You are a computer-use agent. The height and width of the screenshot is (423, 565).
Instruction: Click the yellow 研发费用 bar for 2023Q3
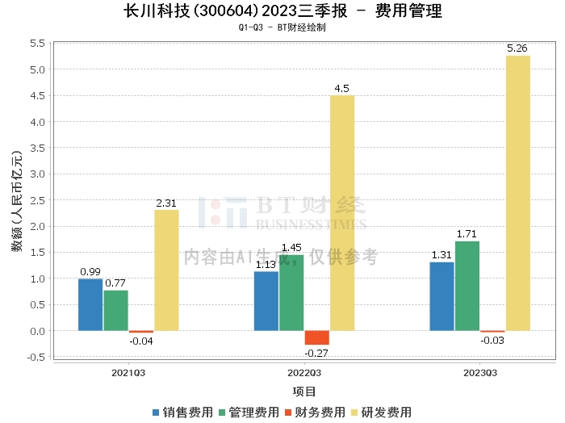517,193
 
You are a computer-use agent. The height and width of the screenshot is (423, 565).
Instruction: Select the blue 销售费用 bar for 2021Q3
90,304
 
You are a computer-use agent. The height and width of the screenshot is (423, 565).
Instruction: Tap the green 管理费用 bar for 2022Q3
291,292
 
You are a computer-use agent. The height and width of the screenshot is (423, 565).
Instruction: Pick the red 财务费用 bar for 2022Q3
316,337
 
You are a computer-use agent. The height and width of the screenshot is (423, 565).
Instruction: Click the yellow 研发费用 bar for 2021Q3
166,270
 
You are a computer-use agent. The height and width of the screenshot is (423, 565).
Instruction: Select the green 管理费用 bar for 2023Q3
467,286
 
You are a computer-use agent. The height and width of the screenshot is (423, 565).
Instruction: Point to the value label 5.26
517,48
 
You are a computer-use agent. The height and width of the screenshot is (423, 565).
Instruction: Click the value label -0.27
316,353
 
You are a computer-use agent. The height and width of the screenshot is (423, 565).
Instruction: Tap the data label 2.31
166,203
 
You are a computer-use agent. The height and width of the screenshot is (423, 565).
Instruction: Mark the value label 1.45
291,248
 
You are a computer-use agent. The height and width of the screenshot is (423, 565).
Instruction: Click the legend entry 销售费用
183,412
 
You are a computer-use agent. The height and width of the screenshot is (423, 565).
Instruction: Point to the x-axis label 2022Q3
304,373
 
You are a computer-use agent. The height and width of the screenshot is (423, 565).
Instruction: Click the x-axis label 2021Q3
128,373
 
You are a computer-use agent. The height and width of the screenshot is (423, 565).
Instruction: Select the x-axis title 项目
304,392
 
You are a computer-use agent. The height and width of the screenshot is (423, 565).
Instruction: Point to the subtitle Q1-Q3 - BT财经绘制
282,27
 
